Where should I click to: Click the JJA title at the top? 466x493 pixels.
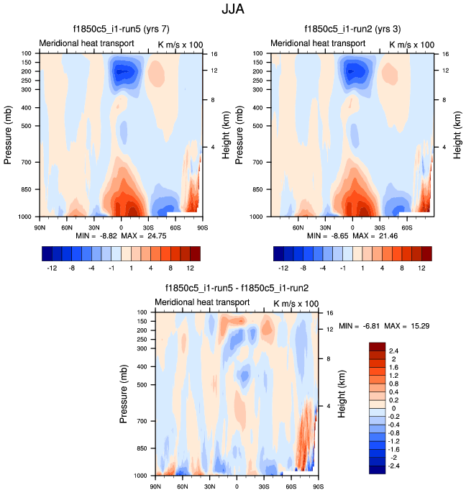[x=234, y=10]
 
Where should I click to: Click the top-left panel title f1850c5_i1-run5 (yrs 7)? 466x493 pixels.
[x=122, y=30]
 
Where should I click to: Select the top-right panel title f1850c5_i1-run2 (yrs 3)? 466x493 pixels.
[x=353, y=30]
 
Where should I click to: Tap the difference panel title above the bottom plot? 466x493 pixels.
[x=237, y=289]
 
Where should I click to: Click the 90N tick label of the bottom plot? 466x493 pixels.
[x=155, y=487]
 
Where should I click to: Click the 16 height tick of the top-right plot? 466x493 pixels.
[x=445, y=53]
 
